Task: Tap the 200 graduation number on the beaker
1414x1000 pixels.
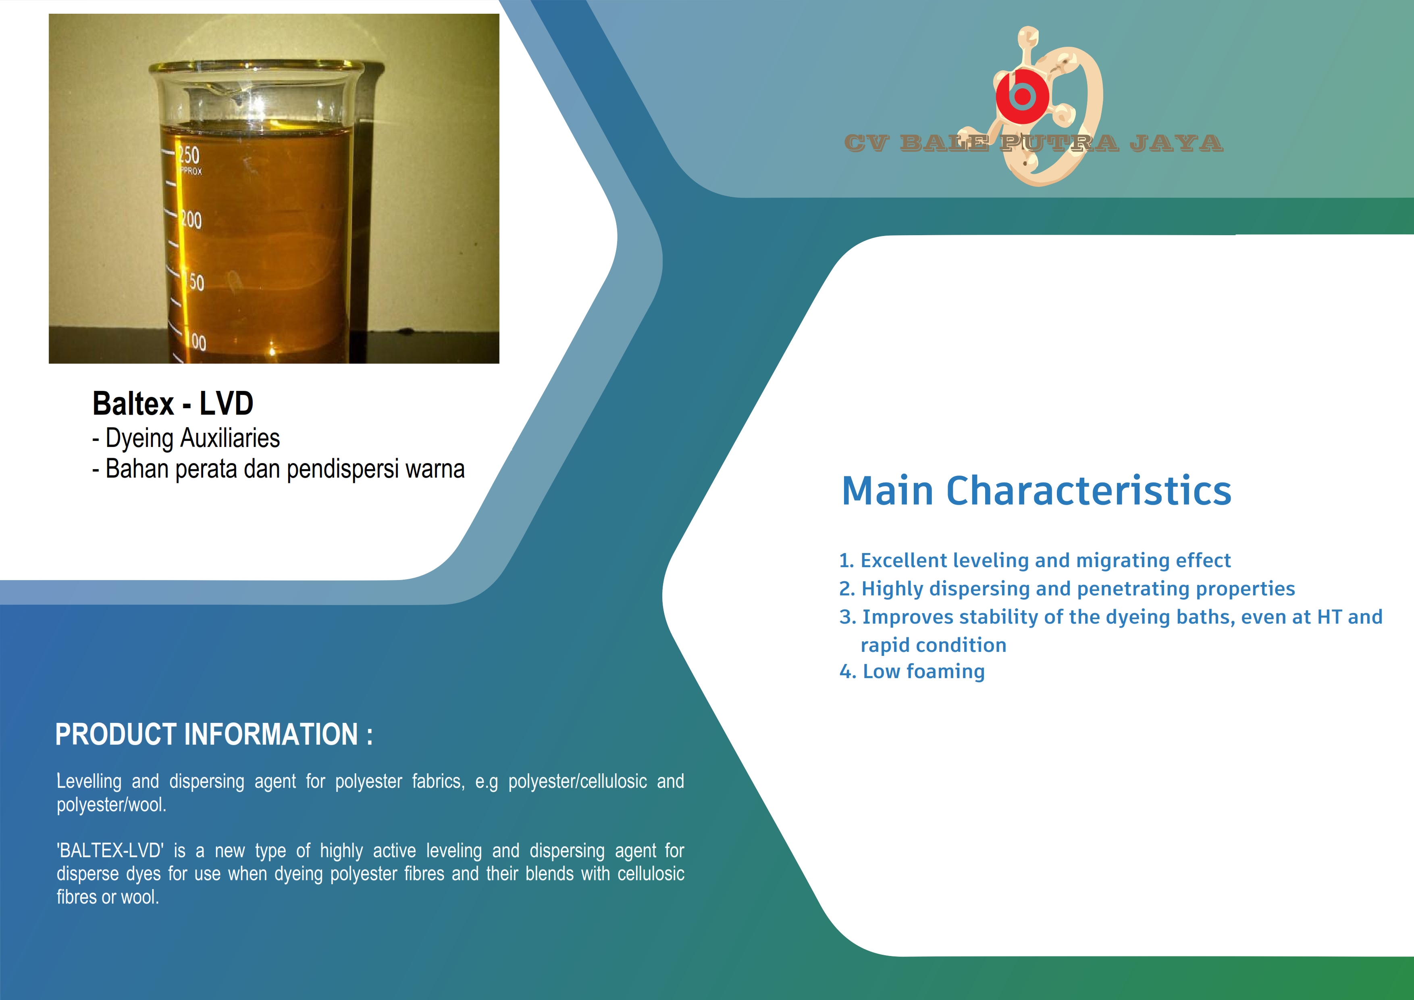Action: click(191, 219)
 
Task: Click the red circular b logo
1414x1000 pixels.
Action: click(1022, 96)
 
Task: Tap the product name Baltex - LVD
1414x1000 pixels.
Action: click(173, 403)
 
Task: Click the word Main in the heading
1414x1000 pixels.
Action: click(888, 491)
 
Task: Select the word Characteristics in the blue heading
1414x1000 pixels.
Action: click(1089, 491)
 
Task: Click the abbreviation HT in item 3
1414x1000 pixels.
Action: click(1330, 617)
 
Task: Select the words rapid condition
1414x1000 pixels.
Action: click(934, 645)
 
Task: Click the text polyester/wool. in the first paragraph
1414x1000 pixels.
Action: click(112, 805)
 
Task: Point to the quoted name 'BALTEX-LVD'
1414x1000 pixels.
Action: click(110, 850)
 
